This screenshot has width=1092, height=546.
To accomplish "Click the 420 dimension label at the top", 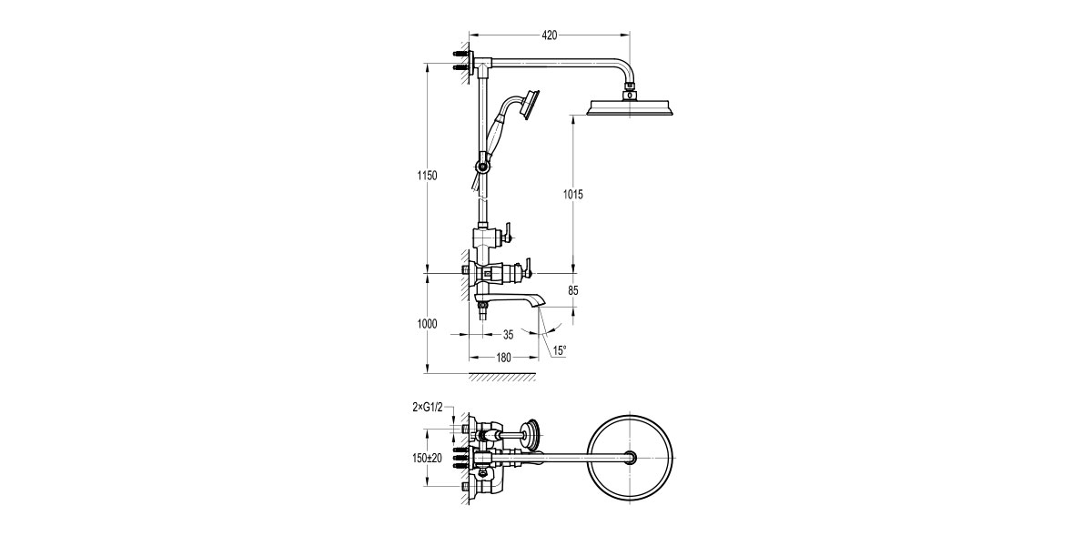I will pyautogui.click(x=549, y=35).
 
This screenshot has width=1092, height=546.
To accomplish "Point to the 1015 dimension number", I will pyautogui.click(x=572, y=194).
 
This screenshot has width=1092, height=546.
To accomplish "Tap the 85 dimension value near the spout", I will pyautogui.click(x=571, y=291).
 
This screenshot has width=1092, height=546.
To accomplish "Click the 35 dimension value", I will pyautogui.click(x=508, y=334).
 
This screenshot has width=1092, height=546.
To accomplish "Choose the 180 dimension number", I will pyautogui.click(x=502, y=358).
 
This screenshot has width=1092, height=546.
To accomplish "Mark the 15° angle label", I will pyautogui.click(x=558, y=350).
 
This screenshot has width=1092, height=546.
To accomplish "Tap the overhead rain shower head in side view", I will pyautogui.click(x=632, y=108).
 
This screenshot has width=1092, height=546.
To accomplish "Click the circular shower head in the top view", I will pyautogui.click(x=632, y=457).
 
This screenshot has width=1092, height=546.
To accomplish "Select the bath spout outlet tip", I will pyautogui.click(x=538, y=303).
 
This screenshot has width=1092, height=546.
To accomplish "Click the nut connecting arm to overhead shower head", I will pyautogui.click(x=630, y=92).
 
